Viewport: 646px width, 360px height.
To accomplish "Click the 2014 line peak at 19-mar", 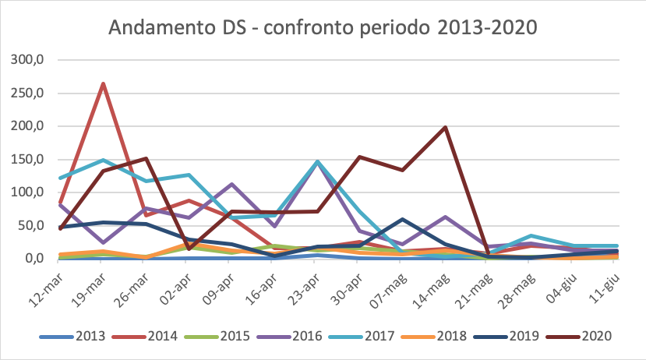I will (103, 83).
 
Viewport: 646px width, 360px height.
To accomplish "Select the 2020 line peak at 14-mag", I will (445, 127).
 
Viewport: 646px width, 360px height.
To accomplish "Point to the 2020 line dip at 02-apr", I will (188, 249).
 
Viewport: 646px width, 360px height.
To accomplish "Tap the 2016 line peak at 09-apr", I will (231, 185).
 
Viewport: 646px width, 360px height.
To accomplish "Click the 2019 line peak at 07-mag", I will (402, 219).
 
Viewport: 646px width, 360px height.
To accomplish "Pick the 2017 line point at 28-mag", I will (530, 235).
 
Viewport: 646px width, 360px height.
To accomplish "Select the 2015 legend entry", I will (226, 336).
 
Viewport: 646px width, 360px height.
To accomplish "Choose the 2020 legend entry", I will (596, 336).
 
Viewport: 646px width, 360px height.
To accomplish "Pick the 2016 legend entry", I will (300, 336).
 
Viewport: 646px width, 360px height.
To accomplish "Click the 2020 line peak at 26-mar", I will (146, 159).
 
